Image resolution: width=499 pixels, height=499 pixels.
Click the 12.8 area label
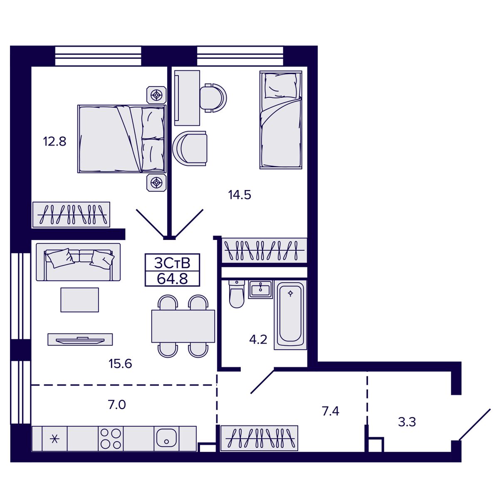coord(54,142)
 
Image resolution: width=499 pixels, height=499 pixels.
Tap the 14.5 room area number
coord(240,195)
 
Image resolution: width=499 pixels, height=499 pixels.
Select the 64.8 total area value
coord(172,279)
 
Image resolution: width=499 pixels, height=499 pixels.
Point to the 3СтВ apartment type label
coord(172,263)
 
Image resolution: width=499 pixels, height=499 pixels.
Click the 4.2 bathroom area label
coord(258,339)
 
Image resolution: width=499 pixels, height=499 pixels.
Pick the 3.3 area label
coord(407,422)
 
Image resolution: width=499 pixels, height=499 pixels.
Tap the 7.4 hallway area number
coord(331,411)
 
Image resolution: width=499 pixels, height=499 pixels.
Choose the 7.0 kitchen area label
coord(117,405)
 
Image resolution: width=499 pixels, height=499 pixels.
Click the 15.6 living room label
coord(120,364)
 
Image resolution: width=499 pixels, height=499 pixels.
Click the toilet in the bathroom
coord(237,294)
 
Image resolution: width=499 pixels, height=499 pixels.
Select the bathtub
coord(290,315)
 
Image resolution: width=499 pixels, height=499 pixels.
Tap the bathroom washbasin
coord(260,289)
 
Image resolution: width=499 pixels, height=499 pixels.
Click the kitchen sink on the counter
coord(166,439)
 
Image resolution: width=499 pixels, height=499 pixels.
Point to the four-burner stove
coord(111,439)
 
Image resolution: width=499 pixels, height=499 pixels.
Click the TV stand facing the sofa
coord(80,339)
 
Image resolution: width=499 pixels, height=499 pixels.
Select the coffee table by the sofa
coord(79,300)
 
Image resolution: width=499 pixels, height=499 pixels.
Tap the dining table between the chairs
coord(183,326)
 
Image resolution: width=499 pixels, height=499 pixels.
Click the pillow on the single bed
coord(280,85)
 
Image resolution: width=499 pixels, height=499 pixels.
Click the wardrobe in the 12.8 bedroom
coord(71,215)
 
